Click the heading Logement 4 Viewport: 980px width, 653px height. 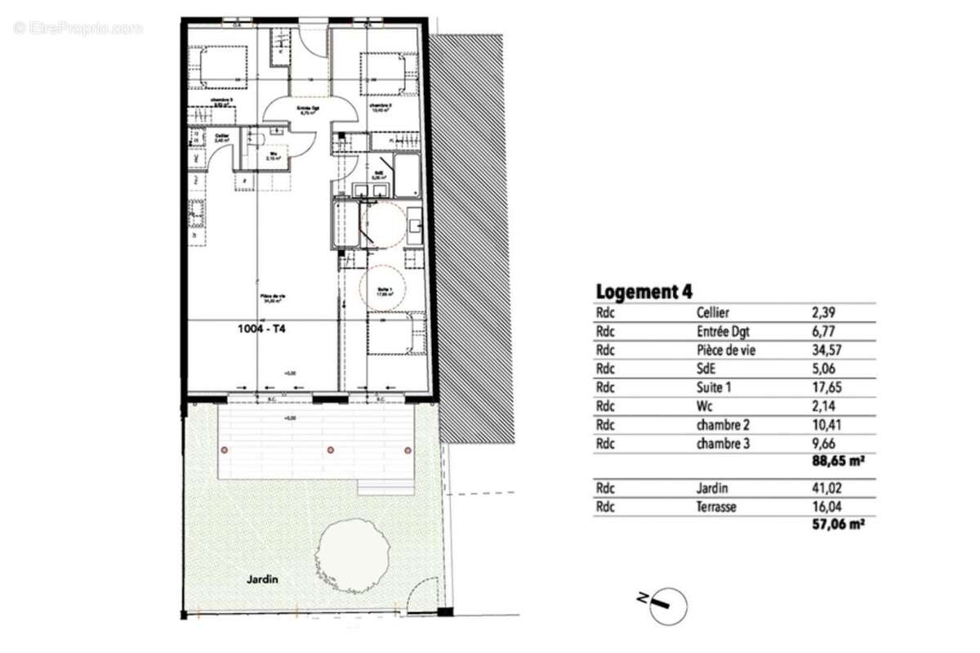click(644, 292)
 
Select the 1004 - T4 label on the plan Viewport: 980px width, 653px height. click(262, 331)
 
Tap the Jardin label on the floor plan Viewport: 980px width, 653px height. click(263, 579)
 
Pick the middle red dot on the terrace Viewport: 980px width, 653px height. click(330, 449)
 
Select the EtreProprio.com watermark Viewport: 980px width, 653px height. click(78, 28)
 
